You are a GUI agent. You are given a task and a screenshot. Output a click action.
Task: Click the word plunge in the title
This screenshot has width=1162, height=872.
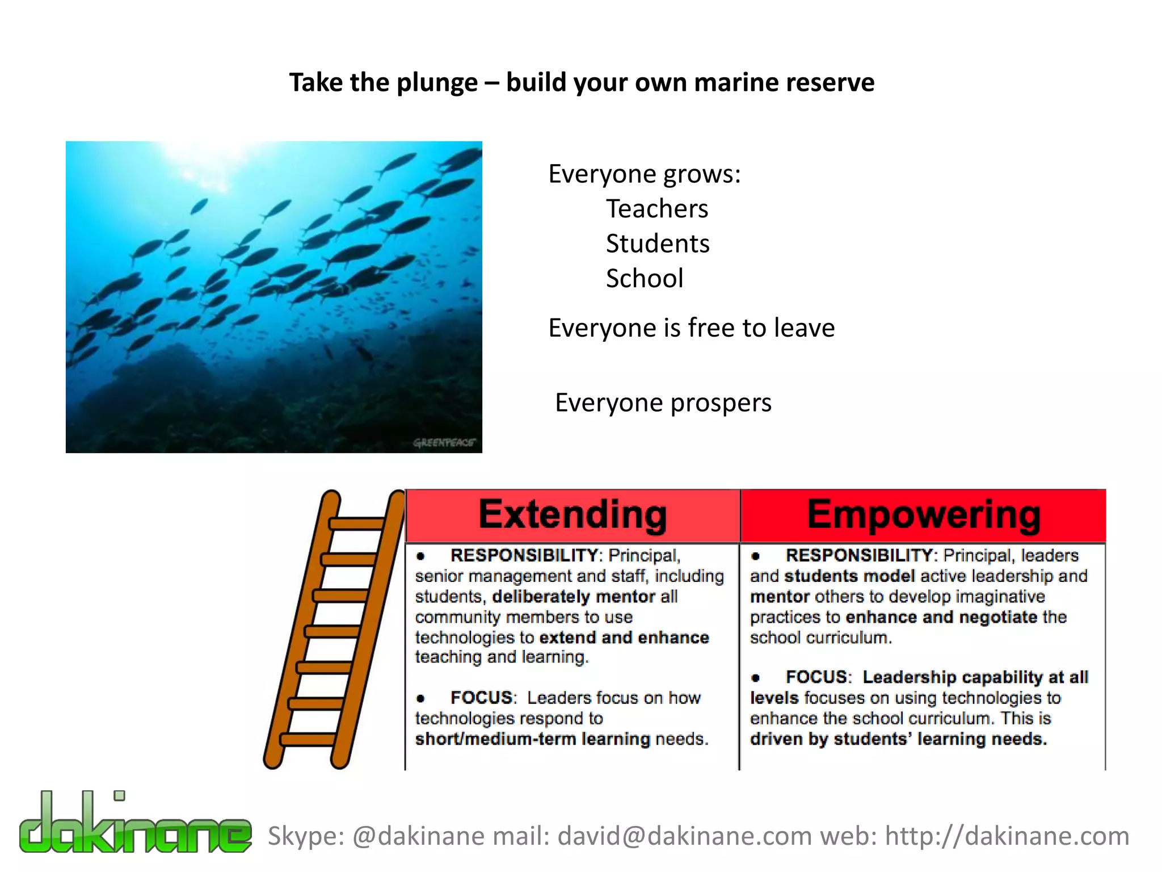(x=437, y=83)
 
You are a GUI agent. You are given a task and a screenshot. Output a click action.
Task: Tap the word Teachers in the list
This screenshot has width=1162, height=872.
(x=656, y=208)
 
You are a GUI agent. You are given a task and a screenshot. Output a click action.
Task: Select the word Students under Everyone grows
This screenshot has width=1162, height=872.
(x=657, y=244)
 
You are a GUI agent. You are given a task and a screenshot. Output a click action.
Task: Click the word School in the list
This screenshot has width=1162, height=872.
(x=644, y=278)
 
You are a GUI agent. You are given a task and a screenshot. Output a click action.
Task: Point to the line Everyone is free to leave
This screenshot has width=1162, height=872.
(x=691, y=328)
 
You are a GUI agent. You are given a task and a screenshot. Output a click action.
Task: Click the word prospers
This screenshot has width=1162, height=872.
(x=721, y=403)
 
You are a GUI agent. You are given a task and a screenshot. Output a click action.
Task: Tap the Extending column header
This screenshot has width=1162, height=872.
(x=572, y=515)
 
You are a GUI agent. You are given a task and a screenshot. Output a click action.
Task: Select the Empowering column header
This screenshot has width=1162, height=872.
(x=923, y=515)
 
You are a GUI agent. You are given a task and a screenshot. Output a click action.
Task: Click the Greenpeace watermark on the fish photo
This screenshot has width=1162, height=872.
(x=444, y=442)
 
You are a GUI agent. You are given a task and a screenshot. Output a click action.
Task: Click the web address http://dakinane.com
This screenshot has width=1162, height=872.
(x=1007, y=836)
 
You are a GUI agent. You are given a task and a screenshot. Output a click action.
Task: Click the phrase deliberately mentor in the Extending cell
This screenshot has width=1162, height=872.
(x=574, y=597)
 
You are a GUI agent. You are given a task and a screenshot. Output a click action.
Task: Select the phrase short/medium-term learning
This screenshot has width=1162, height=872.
(x=532, y=739)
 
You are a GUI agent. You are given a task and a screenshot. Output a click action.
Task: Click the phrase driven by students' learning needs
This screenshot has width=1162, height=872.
(x=898, y=739)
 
